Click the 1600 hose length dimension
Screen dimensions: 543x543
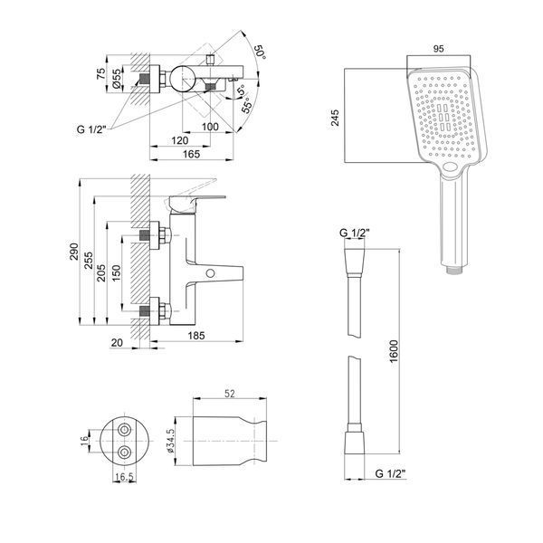[x=394, y=351]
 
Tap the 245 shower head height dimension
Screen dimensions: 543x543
[x=335, y=118]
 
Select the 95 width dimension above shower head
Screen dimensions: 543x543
[x=438, y=49]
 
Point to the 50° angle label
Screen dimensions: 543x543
[x=261, y=52]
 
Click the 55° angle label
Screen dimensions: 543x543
[x=246, y=106]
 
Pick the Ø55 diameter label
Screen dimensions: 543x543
[x=117, y=78]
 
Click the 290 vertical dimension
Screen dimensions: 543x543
[x=74, y=252]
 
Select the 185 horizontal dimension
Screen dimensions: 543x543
[x=196, y=336]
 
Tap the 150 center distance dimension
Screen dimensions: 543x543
[x=117, y=273]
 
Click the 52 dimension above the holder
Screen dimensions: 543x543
[x=230, y=394]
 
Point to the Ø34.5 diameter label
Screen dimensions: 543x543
[x=170, y=442]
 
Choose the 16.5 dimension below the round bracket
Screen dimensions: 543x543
[x=124, y=477]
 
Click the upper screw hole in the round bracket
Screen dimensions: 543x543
[x=124, y=430]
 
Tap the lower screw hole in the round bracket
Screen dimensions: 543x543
[x=124, y=452]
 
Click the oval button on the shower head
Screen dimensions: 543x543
[x=452, y=167]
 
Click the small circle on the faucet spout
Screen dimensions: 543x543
[x=210, y=273]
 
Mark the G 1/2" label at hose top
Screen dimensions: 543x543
[x=354, y=233]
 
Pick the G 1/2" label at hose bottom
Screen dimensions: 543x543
[x=390, y=473]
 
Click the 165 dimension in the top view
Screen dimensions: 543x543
[x=191, y=154]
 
